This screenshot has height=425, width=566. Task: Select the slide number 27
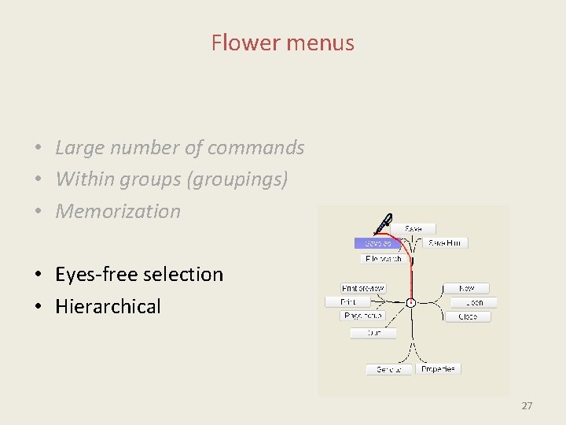point(527,406)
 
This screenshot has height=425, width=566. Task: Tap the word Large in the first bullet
point(79,148)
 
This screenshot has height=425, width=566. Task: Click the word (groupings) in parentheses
point(237,179)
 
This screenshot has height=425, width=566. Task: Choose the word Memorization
point(118,211)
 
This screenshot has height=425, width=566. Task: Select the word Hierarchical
point(108,306)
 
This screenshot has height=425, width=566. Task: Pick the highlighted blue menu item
point(378,243)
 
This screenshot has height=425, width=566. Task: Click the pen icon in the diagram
point(382,224)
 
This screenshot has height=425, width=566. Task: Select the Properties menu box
point(438,368)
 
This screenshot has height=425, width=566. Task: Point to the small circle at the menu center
point(410,302)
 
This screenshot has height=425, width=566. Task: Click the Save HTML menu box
point(447,243)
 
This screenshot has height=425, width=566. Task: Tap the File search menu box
point(384,258)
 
